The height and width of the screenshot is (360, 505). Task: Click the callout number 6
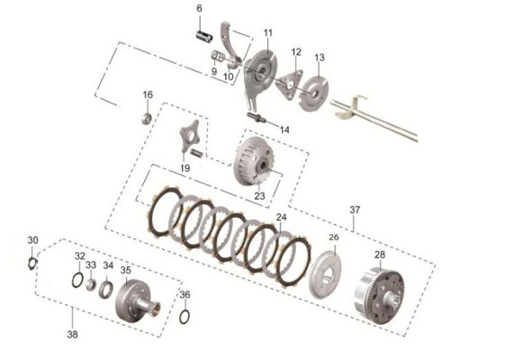199,9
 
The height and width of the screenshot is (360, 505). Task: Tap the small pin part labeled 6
204,35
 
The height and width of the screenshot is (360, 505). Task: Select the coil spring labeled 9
218,57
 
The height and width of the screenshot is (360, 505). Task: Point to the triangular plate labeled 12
290,85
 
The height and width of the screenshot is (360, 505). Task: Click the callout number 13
320,58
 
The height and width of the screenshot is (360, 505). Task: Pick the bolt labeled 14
257,117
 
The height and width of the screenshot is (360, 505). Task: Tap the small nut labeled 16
147,118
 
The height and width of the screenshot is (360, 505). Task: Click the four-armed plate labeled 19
189,136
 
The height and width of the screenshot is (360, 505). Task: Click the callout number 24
281,218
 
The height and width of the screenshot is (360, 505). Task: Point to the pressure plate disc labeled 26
326,274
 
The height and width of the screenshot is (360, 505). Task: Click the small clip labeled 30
32,264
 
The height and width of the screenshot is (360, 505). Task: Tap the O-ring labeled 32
77,279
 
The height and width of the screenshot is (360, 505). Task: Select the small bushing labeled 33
92,284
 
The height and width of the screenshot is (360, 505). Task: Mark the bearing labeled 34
106,289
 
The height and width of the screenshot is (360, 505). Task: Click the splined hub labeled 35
137,301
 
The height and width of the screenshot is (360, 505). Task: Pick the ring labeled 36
185,316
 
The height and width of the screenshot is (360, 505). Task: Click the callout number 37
355,210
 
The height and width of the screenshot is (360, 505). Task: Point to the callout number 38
73,335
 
